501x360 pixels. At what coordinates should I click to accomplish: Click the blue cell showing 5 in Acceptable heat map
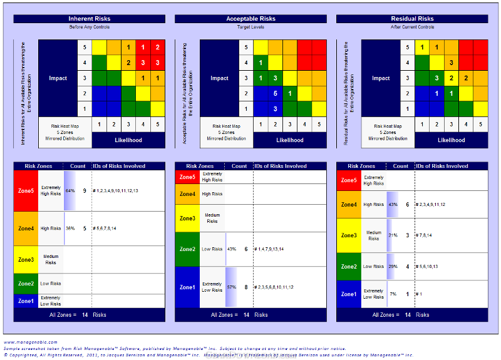pos(276,93)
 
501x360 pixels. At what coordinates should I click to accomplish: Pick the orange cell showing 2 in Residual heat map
pos(465,78)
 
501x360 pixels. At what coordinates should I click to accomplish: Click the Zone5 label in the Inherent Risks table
pos(26,190)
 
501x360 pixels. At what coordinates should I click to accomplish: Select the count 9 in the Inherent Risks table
pos(85,190)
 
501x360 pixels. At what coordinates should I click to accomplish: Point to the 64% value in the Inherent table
pos(70,190)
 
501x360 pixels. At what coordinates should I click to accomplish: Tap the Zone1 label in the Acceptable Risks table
pos(188,287)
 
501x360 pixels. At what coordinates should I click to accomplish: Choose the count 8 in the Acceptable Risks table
pos(246,287)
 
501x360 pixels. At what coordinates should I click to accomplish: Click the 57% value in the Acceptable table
pos(231,287)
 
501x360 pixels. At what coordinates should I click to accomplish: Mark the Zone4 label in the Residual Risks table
pos(349,205)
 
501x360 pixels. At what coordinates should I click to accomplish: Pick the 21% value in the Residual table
pos(393,235)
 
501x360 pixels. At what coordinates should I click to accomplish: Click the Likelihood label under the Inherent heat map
pos(128,140)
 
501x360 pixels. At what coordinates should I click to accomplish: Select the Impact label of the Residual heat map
pos(381,78)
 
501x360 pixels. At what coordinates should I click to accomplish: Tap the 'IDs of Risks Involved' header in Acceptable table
pos(281,167)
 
